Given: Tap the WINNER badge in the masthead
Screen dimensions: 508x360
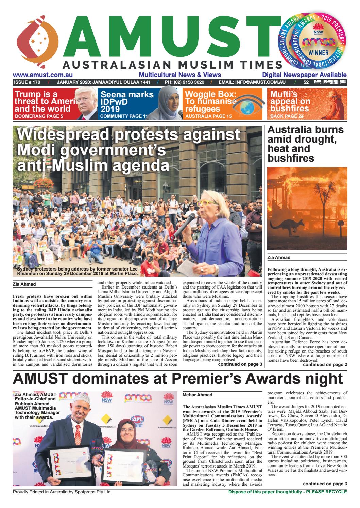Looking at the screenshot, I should click(319, 53).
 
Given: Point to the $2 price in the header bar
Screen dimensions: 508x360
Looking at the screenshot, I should click(306, 82).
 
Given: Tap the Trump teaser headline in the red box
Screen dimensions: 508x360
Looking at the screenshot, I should click(42, 101).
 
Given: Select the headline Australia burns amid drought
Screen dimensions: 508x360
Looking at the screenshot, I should click(306, 144).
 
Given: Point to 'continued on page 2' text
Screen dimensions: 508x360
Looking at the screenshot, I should click(325, 365).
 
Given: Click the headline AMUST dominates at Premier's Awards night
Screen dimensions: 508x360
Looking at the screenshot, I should click(178, 379).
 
